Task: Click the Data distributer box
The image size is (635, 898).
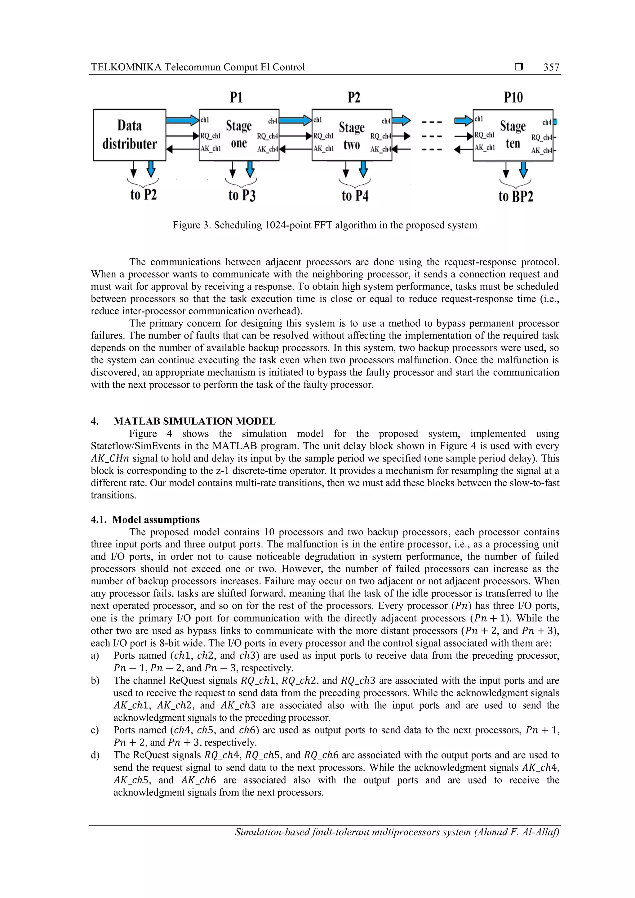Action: [x=130, y=135]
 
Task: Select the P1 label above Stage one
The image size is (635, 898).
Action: [x=236, y=97]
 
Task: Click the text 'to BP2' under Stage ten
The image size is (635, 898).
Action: [x=515, y=196]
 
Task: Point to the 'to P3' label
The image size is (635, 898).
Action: [x=242, y=195]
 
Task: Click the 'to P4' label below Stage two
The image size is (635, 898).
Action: [x=355, y=195]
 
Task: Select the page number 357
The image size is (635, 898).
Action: [x=551, y=67]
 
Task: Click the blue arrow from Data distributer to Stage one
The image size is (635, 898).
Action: [x=182, y=120]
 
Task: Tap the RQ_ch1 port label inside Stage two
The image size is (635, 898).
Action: [x=323, y=136]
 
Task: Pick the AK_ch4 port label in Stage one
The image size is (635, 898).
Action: [x=267, y=149]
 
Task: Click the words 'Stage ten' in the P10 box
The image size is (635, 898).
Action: [x=513, y=134]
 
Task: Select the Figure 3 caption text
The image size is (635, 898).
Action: [x=325, y=225]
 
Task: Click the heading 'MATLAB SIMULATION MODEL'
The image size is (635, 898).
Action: [x=194, y=421]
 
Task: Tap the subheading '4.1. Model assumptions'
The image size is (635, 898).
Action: [x=145, y=520]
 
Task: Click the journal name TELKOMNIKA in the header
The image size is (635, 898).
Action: [x=126, y=67]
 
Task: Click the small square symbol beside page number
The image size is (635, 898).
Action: [x=519, y=67]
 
